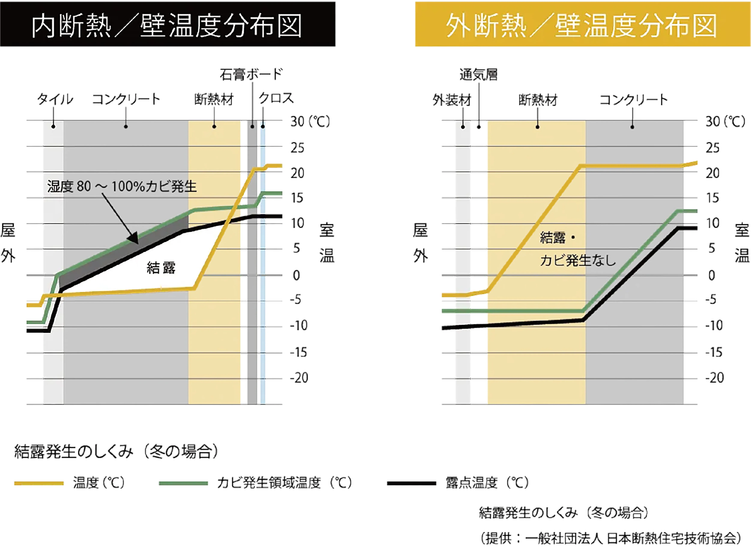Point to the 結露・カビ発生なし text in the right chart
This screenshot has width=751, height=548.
coord(577,249)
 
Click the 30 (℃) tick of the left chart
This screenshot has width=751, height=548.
coord(310,121)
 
